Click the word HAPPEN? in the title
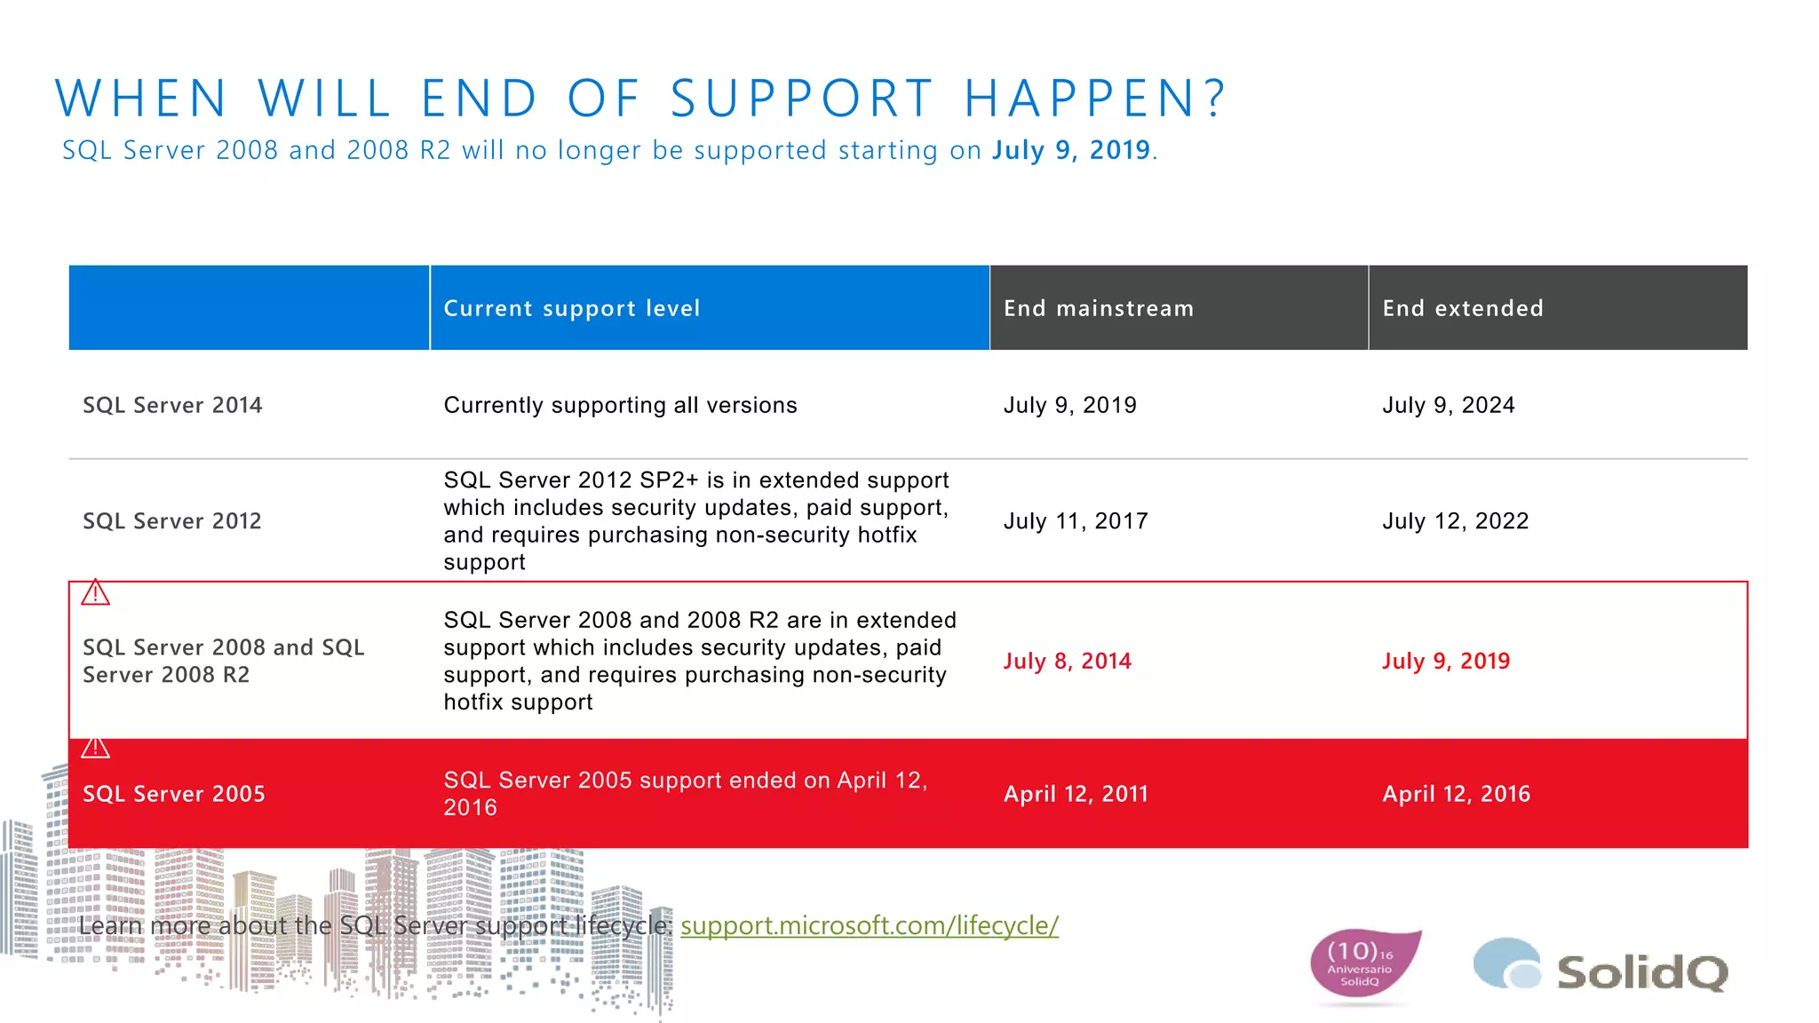coord(1094,98)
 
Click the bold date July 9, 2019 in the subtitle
coord(1071,150)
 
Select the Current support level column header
coord(572,308)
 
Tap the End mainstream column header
coord(1099,308)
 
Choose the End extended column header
coord(1463,308)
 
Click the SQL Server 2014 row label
coord(172,405)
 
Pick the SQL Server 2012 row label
coord(172,521)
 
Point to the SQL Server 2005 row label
coord(174,794)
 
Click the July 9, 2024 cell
coord(1448,405)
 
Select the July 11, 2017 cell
coord(1076,521)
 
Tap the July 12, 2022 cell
coord(1455,521)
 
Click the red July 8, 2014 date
coord(1067,661)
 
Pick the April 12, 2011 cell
coord(1076,794)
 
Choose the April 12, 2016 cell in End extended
coord(1456,794)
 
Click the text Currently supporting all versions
coord(620,405)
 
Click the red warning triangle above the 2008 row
coord(95,593)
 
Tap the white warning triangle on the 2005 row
coord(95,748)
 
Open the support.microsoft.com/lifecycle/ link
coord(869,925)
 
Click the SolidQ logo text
coord(1641,971)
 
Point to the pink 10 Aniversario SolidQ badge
coord(1362,964)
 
